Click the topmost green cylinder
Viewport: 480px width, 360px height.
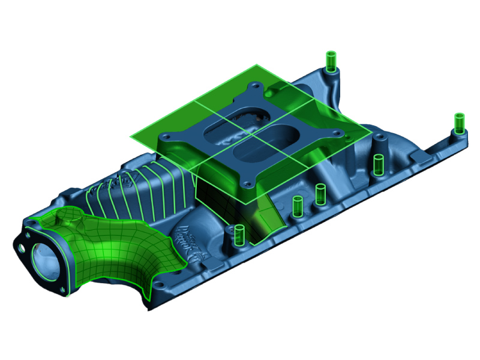330,61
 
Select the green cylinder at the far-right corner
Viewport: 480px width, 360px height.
459,123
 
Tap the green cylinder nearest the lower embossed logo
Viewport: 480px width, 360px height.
239,235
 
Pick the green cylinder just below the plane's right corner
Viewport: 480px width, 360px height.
379,164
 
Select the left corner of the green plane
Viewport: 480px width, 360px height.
131,136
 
